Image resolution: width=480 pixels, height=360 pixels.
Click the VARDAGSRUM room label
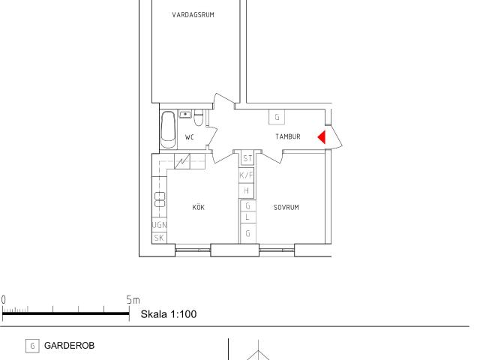click(x=193, y=15)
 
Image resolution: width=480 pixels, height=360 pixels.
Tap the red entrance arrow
click(x=322, y=137)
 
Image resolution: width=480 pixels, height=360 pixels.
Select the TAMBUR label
click(x=288, y=136)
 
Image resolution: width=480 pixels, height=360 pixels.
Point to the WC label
click(x=190, y=137)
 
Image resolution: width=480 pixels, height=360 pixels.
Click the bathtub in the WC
click(x=168, y=130)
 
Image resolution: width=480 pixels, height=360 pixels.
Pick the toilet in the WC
click(x=198, y=118)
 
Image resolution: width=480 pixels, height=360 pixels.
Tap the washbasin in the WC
click(x=185, y=114)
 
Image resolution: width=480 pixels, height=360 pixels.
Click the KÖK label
click(x=198, y=207)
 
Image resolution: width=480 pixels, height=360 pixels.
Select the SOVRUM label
click(x=286, y=208)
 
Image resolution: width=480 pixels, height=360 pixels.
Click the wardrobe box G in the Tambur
click(x=277, y=117)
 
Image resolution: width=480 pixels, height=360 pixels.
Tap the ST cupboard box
click(x=247, y=158)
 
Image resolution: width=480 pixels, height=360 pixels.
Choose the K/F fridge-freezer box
click(x=247, y=175)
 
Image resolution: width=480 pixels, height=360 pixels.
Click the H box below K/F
click(x=247, y=190)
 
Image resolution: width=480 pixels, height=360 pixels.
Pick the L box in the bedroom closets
click(x=247, y=217)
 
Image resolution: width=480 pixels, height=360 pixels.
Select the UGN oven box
click(x=160, y=225)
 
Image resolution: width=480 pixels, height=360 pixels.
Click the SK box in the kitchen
click(x=159, y=238)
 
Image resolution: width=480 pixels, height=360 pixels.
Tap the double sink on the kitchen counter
click(x=160, y=199)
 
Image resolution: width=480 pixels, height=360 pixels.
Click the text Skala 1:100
click(x=169, y=314)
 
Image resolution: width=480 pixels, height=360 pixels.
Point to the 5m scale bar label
click(x=133, y=300)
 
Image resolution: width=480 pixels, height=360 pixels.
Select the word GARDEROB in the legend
click(x=70, y=346)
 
